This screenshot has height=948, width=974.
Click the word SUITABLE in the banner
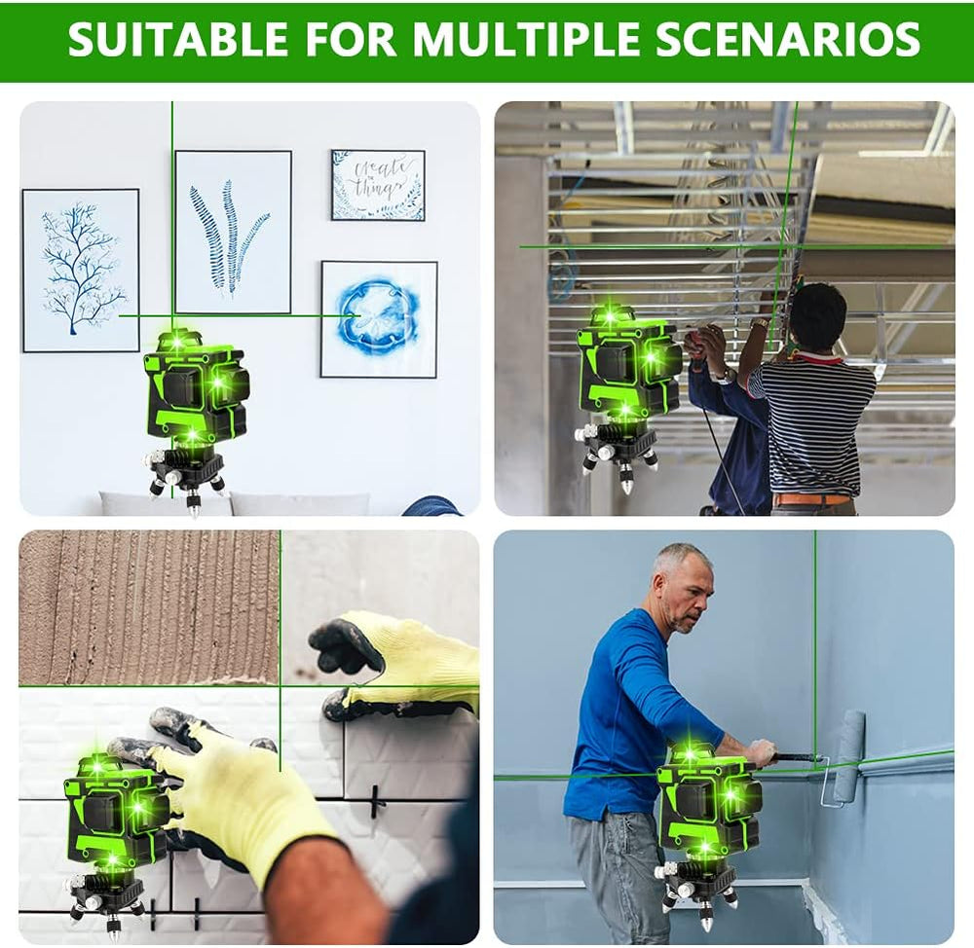(177, 39)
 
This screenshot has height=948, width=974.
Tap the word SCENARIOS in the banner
(787, 39)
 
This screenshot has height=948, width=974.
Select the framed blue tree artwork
(81, 270)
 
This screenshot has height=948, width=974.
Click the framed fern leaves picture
(233, 232)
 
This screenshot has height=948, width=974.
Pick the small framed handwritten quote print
(378, 184)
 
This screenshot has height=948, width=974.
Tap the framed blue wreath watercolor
(379, 318)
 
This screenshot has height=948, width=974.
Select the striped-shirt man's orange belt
(813, 499)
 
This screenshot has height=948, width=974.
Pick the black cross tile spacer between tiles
(374, 801)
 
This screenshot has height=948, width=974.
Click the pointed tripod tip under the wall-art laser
(195, 506)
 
